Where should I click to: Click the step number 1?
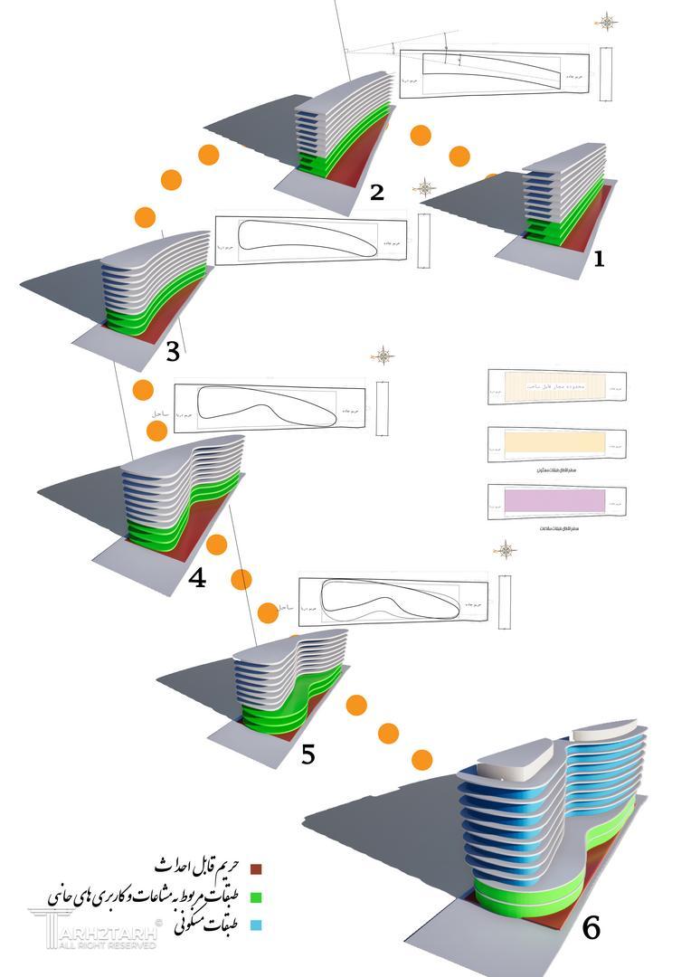click(x=597, y=259)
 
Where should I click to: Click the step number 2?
click(x=377, y=191)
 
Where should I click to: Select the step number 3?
click(x=173, y=351)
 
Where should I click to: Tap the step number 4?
click(x=197, y=577)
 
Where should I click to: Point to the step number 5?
click(x=308, y=753)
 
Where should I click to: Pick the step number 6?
click(x=591, y=928)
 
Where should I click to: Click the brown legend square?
click(x=256, y=869)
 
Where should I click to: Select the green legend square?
click(x=256, y=898)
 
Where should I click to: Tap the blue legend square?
click(x=256, y=925)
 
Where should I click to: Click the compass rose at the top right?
click(x=606, y=22)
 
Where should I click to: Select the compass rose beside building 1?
click(x=424, y=188)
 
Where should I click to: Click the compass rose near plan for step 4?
click(x=383, y=356)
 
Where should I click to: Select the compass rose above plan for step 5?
click(x=505, y=550)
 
